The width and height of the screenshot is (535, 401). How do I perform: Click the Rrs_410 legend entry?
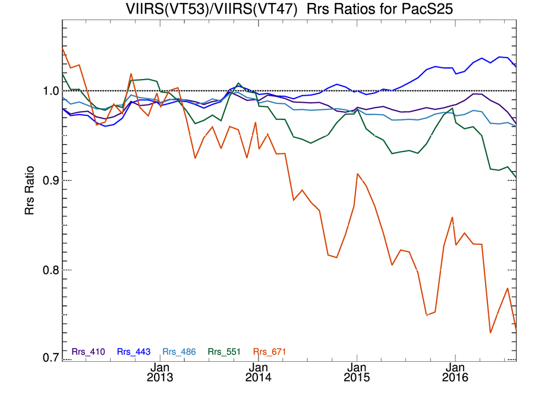(x=88, y=352)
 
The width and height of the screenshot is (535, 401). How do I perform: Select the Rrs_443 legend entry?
(x=133, y=352)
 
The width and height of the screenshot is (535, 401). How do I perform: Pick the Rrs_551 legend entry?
(x=224, y=352)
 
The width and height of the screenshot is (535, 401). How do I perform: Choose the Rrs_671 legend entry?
(x=269, y=352)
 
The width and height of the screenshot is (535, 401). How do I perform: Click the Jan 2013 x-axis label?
(x=160, y=372)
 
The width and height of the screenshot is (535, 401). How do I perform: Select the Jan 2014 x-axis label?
(x=258, y=372)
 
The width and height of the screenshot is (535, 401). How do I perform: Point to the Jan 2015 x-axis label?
(x=357, y=372)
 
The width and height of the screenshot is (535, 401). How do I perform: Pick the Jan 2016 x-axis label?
(x=455, y=372)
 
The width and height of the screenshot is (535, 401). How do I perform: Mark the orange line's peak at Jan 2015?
(x=357, y=174)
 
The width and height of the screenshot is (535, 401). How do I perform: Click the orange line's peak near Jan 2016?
(x=452, y=217)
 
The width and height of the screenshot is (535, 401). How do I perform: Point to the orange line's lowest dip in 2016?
(x=490, y=332)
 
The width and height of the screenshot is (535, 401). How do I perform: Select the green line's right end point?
(x=515, y=178)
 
